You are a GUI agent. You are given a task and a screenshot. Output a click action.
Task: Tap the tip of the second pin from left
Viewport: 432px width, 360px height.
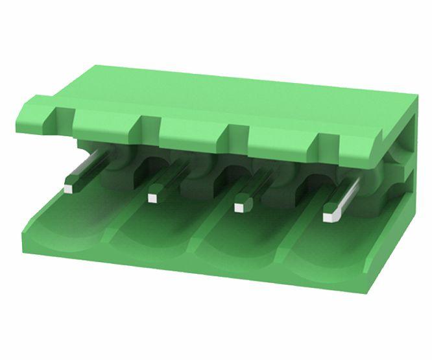153,197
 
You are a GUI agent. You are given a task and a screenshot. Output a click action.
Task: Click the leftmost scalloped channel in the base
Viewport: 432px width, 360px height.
68,227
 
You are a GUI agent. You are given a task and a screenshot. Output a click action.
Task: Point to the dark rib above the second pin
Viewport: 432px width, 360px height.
148,126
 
